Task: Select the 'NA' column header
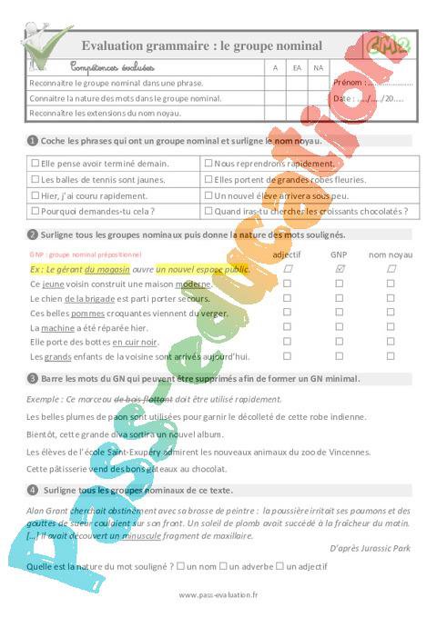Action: point(318,67)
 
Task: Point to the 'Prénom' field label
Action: point(347,83)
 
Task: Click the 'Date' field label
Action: point(342,98)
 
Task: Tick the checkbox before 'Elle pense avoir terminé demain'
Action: point(35,164)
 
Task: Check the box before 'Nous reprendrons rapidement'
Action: point(208,164)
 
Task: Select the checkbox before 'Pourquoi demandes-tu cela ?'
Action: point(35,211)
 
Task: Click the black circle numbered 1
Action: point(32,140)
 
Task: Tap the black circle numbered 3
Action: point(32,378)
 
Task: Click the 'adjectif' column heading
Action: point(287,254)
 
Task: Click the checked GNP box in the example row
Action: point(339,270)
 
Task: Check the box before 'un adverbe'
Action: point(223,566)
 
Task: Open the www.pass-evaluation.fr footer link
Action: point(218,595)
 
